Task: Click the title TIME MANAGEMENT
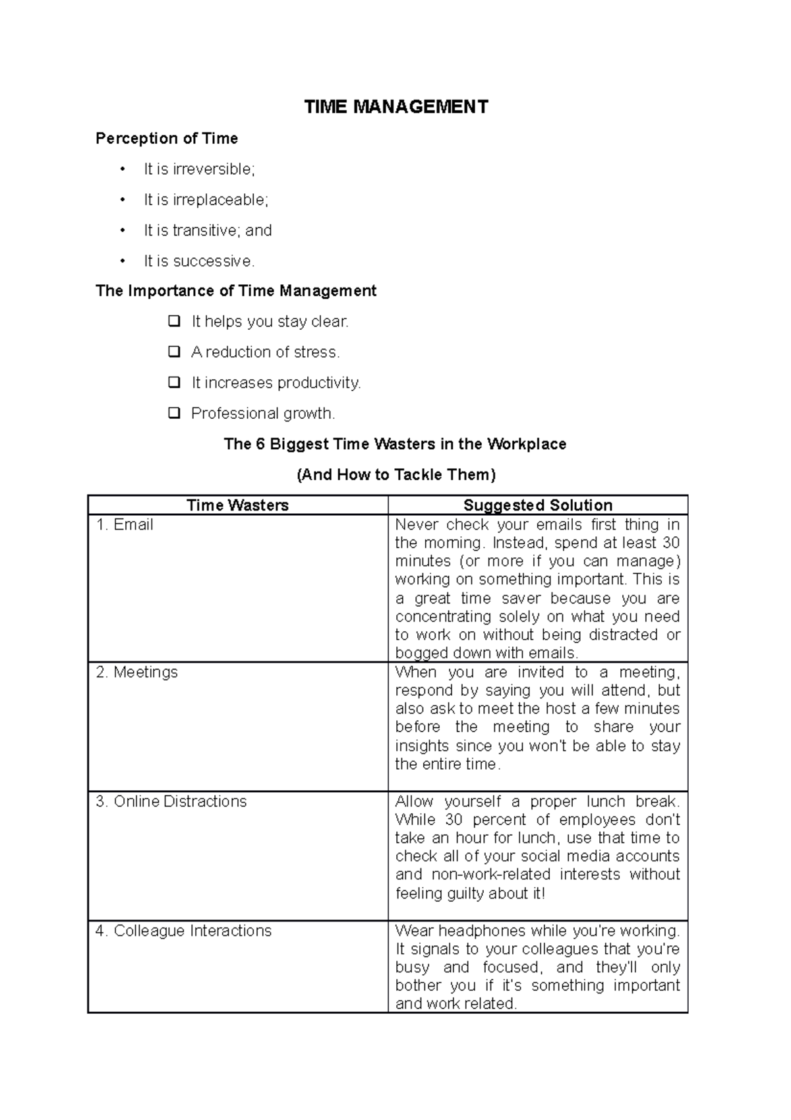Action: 396,107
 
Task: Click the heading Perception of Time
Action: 167,139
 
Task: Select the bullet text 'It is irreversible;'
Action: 199,170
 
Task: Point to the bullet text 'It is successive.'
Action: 199,261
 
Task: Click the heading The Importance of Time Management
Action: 236,291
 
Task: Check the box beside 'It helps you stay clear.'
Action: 174,322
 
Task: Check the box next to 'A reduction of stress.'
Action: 174,352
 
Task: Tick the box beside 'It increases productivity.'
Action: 174,383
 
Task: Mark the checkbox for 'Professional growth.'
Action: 174,414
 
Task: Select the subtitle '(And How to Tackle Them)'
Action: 396,475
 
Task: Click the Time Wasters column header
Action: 238,505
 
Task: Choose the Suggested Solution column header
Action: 538,505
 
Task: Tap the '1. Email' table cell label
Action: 125,525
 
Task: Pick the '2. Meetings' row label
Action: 136,673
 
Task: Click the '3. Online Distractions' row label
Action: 171,801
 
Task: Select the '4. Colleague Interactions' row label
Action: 183,931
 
